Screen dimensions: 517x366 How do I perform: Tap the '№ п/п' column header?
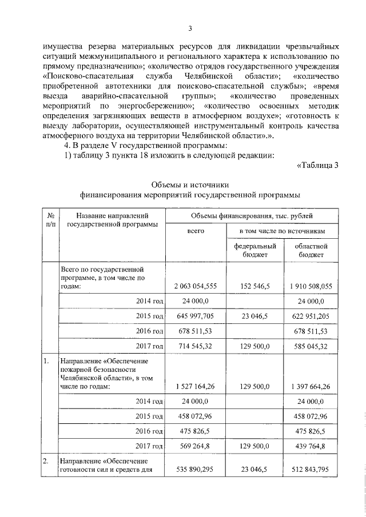pos(50,221)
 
